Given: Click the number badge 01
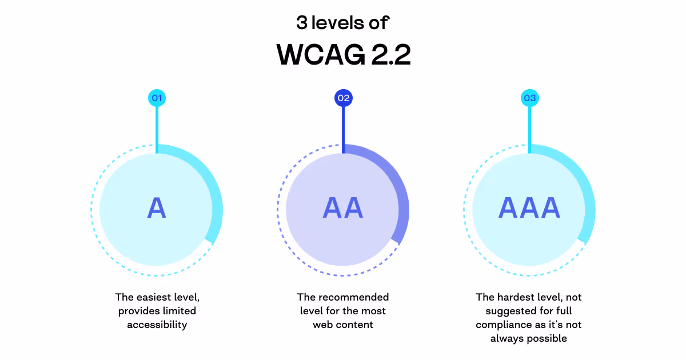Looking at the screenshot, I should click(x=157, y=98).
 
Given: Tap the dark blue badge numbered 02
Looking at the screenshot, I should click(x=343, y=98).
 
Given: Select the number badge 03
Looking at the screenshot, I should click(x=530, y=98).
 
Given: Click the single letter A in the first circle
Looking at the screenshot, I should click(x=157, y=208).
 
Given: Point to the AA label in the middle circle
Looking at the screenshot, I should click(x=343, y=208).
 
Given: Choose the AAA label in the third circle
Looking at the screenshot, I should click(x=529, y=208).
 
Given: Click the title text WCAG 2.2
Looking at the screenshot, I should click(x=344, y=55).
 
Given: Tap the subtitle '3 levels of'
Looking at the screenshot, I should click(x=343, y=23).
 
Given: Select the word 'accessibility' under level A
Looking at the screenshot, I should click(x=157, y=325).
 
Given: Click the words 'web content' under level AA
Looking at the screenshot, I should click(x=343, y=325).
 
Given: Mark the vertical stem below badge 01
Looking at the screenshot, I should click(x=157, y=129).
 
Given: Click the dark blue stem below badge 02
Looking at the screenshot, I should click(x=343, y=129).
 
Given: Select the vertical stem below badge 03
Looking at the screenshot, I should click(x=530, y=129).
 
